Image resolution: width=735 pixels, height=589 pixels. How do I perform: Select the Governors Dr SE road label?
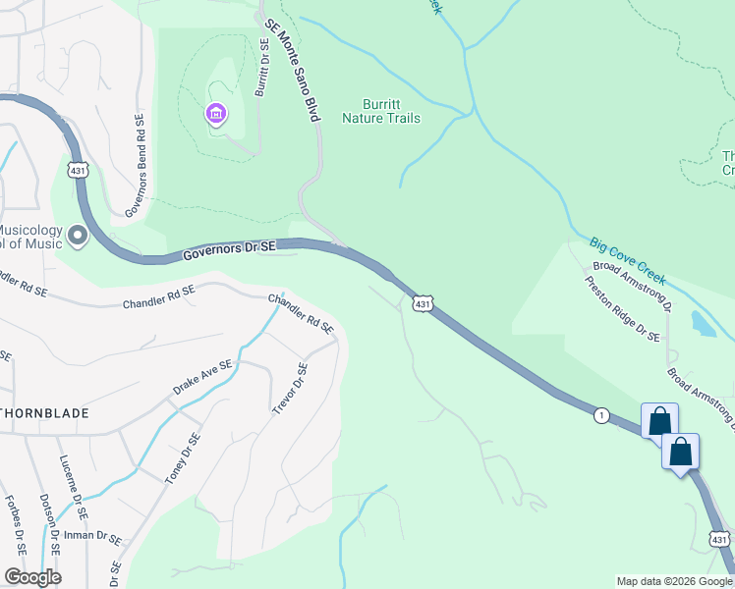pos(230,251)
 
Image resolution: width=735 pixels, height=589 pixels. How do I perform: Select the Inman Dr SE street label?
pos(94,536)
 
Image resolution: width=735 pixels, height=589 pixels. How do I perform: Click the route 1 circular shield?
pos(599,416)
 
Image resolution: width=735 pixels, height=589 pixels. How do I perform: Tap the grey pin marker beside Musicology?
pos(77,237)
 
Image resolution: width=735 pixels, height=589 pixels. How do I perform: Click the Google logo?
pos(32,577)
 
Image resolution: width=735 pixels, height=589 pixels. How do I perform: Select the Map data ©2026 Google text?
pos(674,581)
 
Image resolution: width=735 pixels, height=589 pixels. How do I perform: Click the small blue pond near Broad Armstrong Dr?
pos(704,324)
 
